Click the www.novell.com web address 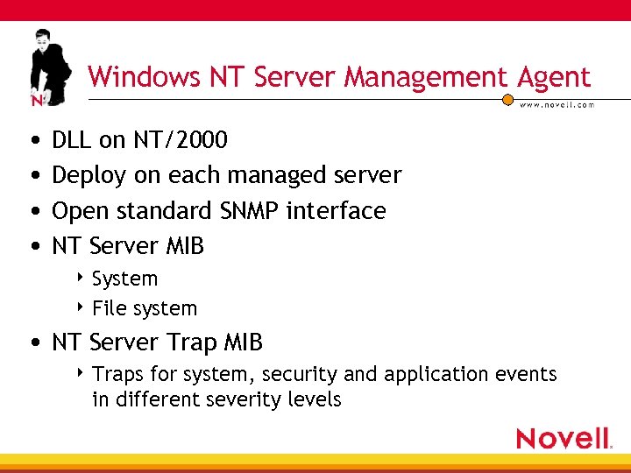557,104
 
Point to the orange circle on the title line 507,99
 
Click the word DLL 73,139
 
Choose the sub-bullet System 125,279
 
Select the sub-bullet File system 145,308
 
